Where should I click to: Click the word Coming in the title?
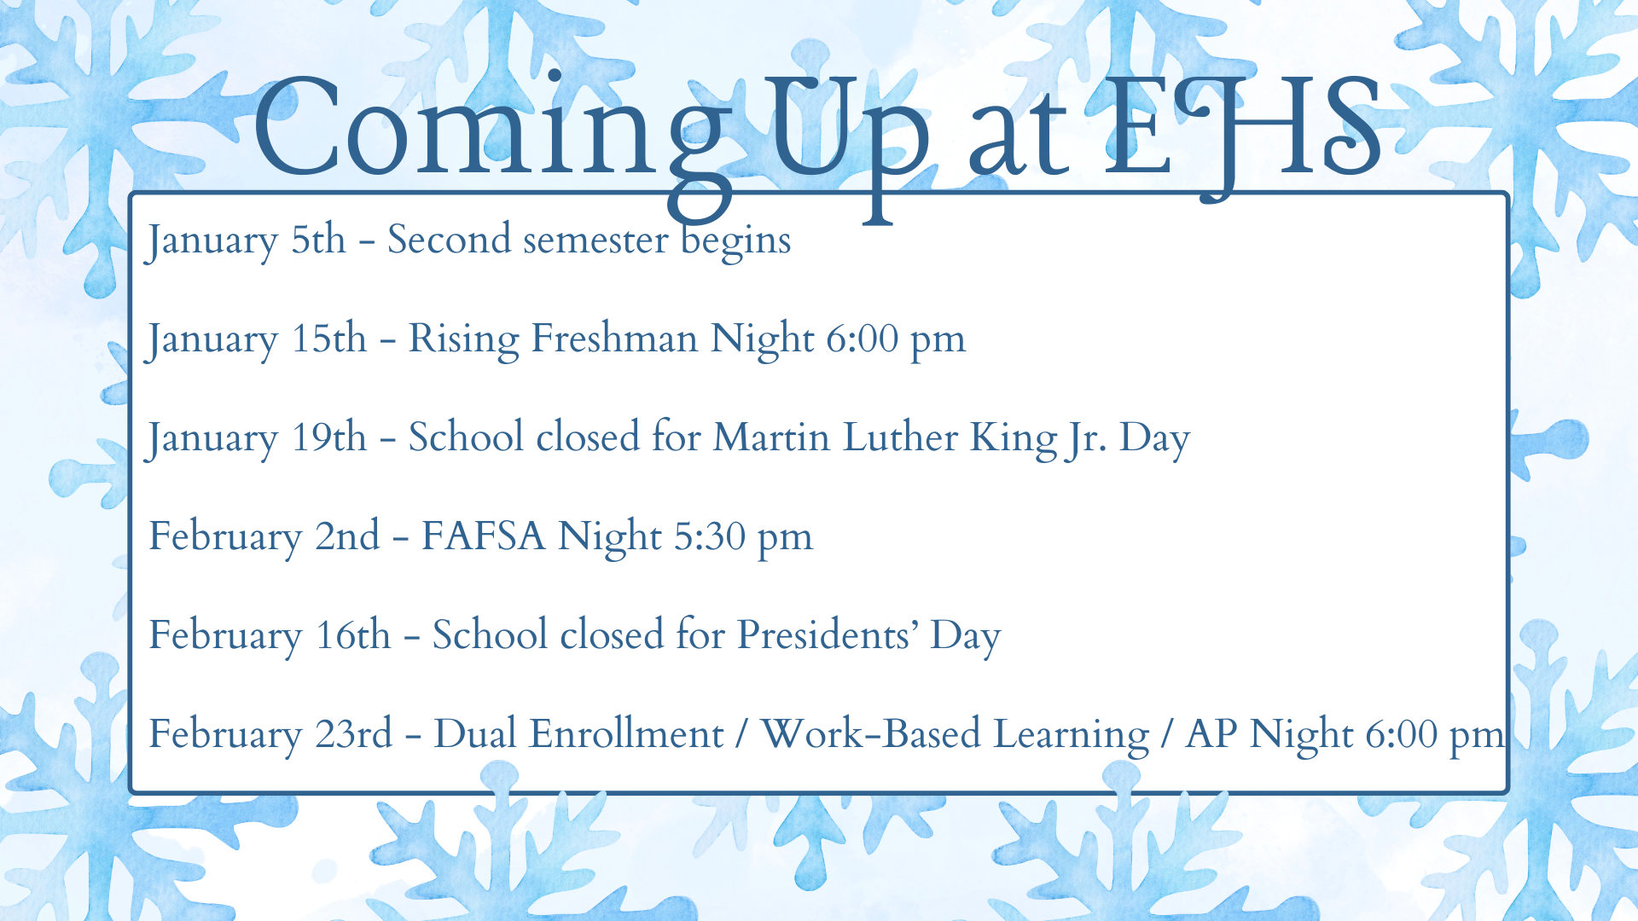tap(491, 128)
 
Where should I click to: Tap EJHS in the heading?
tap(1242, 128)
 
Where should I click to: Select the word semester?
tap(595, 240)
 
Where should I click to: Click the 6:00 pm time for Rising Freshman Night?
tap(896, 339)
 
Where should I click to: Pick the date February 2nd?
tap(264, 537)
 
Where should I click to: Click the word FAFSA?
tap(484, 537)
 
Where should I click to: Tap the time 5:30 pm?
tap(743, 537)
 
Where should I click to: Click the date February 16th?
tap(270, 636)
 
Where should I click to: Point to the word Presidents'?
tap(828, 636)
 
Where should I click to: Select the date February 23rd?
tap(270, 735)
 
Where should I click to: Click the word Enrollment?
tap(626, 735)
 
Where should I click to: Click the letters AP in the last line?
tap(1211, 735)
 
